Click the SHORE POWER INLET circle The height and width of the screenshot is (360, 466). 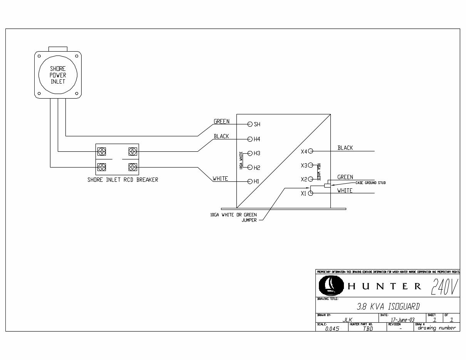(58, 75)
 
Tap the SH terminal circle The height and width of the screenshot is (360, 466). (250, 124)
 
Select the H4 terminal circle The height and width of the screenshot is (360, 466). (250, 139)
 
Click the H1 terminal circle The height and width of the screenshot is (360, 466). (250, 181)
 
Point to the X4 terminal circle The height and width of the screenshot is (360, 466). (310, 151)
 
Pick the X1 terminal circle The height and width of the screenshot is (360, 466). (310, 193)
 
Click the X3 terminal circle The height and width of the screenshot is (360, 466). (310, 165)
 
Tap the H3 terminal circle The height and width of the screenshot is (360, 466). (250, 153)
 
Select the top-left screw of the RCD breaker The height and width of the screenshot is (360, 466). (102, 151)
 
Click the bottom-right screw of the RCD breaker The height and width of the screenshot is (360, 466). (132, 167)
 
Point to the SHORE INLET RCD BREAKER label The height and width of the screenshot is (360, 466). (122, 179)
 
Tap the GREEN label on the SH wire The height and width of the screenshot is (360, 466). (221, 122)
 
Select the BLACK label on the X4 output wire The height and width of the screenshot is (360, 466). (345, 148)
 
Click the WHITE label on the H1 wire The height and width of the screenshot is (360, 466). (220, 179)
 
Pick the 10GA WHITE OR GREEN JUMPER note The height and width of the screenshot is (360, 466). (233, 217)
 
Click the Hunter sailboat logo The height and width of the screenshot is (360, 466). (330, 286)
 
